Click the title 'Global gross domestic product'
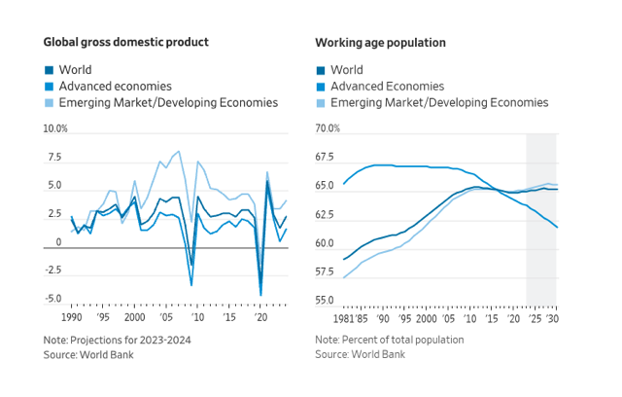click(125, 43)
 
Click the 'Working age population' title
click(380, 43)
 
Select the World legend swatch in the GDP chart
click(49, 70)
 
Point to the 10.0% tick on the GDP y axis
click(55, 129)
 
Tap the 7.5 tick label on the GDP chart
click(53, 158)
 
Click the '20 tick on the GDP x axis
click(259, 318)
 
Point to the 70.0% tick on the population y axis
click(327, 129)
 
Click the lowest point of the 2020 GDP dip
click(260, 295)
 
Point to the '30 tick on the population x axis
click(553, 318)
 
